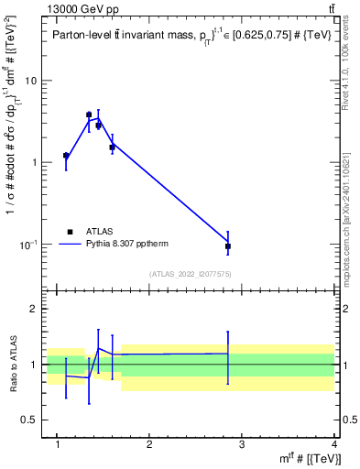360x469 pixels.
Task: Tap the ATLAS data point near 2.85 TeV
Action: [x=228, y=246]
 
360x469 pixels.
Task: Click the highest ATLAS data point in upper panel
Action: [x=89, y=115]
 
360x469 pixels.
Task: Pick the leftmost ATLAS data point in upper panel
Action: [x=66, y=156]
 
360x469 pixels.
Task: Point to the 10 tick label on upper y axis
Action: [x=30, y=81]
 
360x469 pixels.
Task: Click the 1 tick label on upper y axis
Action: [x=33, y=163]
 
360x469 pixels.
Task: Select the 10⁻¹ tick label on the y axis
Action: [x=27, y=245]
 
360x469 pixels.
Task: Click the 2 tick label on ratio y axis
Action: [x=33, y=310]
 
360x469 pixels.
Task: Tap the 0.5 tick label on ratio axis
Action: [x=28, y=420]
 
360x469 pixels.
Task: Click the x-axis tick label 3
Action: [x=242, y=446]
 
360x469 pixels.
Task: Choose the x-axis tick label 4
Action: [x=334, y=446]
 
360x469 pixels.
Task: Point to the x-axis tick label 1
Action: [x=58, y=446]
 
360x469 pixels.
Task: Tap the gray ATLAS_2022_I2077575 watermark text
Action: [x=190, y=273]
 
